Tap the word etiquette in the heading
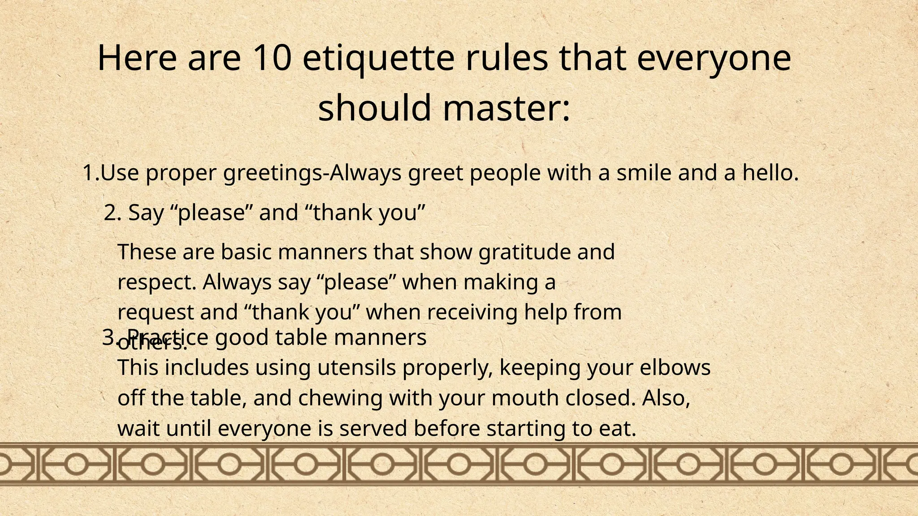pyautogui.click(x=379, y=58)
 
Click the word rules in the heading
pyautogui.click(x=507, y=58)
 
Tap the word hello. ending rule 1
pyautogui.click(x=771, y=173)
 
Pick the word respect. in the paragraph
pyautogui.click(x=157, y=282)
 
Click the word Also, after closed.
pyautogui.click(x=666, y=398)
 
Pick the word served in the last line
pyautogui.click(x=372, y=429)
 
